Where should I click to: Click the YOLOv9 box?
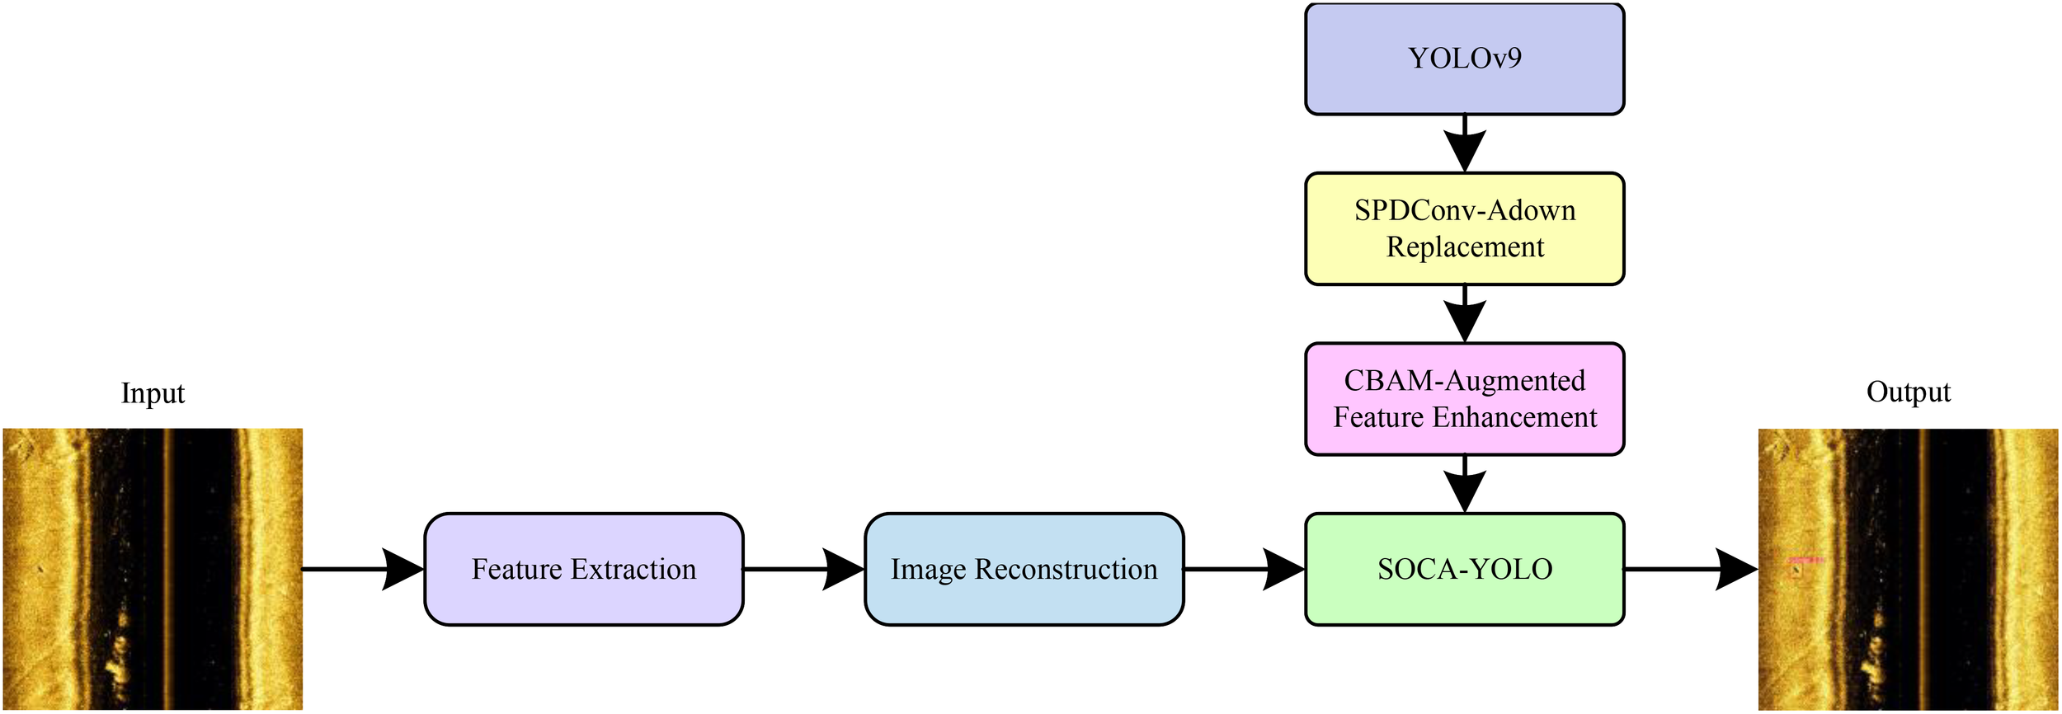(x=1464, y=59)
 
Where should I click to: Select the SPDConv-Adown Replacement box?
(x=1464, y=229)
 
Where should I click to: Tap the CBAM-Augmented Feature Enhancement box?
(x=1464, y=399)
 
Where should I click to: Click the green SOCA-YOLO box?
(x=1464, y=570)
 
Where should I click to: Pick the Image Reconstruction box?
(x=1024, y=570)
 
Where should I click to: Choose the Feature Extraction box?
(x=583, y=570)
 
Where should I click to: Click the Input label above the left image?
(x=153, y=393)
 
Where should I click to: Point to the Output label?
(x=1908, y=392)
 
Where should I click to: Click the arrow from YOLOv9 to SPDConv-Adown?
(x=1464, y=144)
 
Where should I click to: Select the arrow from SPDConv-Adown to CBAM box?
(x=1464, y=314)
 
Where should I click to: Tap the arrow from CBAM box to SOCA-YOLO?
(x=1464, y=485)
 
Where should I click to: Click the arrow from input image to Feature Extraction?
(x=363, y=570)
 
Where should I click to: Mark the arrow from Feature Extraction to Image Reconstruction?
(x=804, y=570)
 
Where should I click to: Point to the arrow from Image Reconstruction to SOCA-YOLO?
(x=1244, y=570)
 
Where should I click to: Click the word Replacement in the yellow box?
(x=1465, y=247)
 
